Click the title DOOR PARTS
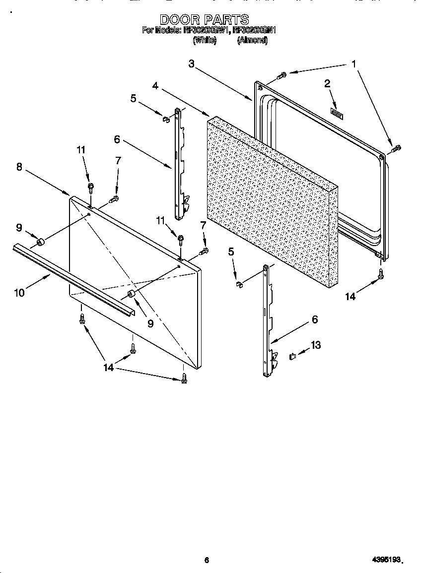(x=204, y=19)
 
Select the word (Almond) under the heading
(x=252, y=41)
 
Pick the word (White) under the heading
(x=204, y=41)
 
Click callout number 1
(x=353, y=64)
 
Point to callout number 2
(x=327, y=84)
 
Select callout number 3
(x=192, y=64)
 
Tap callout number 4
(x=155, y=86)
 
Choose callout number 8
(x=19, y=167)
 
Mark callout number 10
(x=19, y=293)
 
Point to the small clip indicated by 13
(x=292, y=356)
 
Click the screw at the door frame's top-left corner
(x=281, y=75)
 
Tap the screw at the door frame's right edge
(x=396, y=147)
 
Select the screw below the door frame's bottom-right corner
(x=381, y=273)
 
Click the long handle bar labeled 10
(x=74, y=280)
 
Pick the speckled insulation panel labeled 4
(x=271, y=198)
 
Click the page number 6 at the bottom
(x=207, y=560)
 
